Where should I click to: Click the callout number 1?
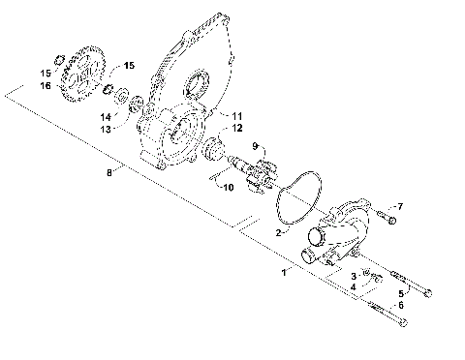coord(284,273)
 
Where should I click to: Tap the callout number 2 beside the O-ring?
coord(278,233)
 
